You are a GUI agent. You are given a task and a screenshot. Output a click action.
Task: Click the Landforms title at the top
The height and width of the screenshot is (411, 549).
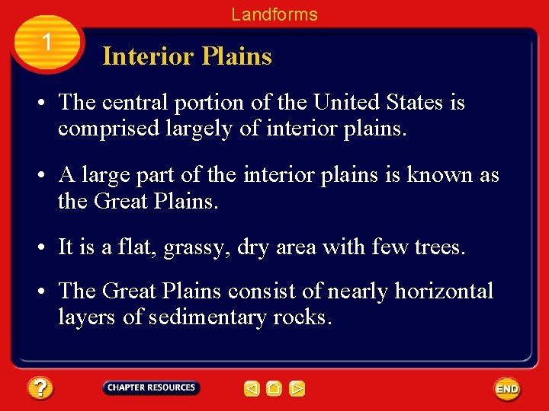(274, 14)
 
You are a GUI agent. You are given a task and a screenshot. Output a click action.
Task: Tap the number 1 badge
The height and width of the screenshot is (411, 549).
(47, 43)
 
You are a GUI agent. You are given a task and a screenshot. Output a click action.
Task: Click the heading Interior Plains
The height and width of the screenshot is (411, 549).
(187, 56)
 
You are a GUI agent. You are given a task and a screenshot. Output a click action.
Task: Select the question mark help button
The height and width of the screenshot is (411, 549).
(40, 389)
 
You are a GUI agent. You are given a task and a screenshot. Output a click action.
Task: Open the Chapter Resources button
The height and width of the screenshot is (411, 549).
(151, 388)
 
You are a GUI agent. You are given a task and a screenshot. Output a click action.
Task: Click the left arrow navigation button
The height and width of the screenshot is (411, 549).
(252, 389)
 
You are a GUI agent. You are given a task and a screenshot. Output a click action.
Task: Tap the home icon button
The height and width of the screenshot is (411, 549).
(274, 389)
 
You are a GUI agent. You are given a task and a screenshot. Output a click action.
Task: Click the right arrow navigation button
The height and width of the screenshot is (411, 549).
(297, 389)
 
